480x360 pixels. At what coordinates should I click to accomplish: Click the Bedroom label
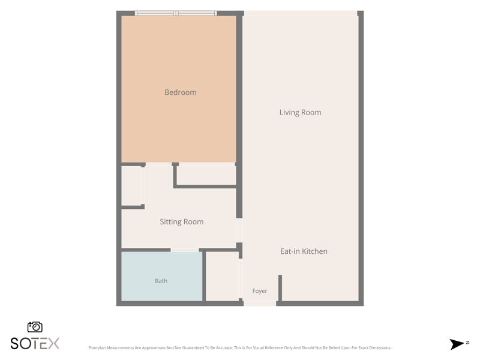(181, 92)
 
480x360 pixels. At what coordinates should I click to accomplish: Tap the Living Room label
(301, 112)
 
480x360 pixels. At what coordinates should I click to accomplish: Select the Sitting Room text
(182, 221)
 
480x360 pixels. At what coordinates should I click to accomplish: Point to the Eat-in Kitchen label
(304, 251)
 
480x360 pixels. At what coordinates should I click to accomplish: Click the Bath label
(161, 281)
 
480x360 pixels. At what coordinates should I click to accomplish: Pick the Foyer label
(260, 291)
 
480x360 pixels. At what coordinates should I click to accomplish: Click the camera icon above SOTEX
(35, 327)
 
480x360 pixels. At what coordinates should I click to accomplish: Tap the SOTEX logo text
(35, 343)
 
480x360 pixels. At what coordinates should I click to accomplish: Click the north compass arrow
(457, 344)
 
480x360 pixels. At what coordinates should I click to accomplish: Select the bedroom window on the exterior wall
(176, 13)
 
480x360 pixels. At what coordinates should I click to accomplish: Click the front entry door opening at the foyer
(260, 304)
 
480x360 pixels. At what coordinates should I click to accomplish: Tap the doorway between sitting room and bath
(185, 250)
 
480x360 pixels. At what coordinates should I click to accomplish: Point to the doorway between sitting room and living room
(239, 230)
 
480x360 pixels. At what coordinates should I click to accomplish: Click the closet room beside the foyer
(222, 277)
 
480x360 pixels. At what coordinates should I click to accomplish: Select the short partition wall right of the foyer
(280, 288)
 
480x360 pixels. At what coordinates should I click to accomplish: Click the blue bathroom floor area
(161, 276)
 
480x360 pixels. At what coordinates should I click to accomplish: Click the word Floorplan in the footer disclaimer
(97, 348)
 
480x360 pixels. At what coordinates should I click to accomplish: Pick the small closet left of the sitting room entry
(131, 185)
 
